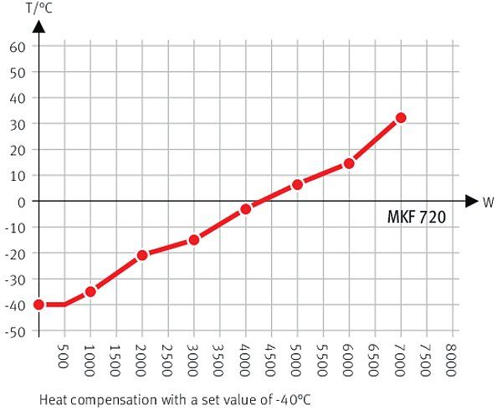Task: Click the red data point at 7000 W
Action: click(401, 118)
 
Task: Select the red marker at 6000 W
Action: click(349, 163)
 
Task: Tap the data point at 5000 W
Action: click(297, 184)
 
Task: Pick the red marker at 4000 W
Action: click(245, 208)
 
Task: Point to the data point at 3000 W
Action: click(194, 239)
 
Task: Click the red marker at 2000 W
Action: click(142, 254)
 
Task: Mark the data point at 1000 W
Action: click(90, 291)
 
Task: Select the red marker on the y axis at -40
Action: click(38, 305)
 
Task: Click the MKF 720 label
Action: click(416, 217)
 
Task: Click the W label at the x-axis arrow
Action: click(487, 202)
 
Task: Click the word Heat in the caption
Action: click(53, 400)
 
